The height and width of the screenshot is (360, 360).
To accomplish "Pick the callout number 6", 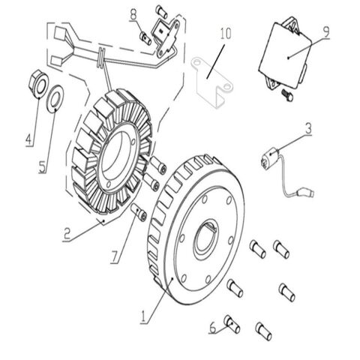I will tap(213, 327).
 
